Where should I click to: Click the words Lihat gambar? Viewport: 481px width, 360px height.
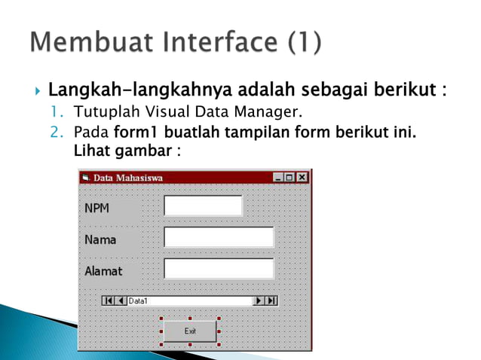(x=128, y=150)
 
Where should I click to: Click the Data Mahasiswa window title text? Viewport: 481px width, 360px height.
(x=127, y=178)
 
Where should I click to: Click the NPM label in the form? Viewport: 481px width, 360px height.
(x=96, y=208)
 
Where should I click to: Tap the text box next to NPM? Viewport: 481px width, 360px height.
(x=203, y=206)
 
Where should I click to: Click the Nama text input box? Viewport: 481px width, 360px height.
(x=219, y=237)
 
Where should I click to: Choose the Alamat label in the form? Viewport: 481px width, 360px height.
(x=103, y=270)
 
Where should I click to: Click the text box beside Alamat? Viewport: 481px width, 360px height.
(x=219, y=269)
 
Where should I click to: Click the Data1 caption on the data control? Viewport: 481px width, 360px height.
(x=139, y=301)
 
